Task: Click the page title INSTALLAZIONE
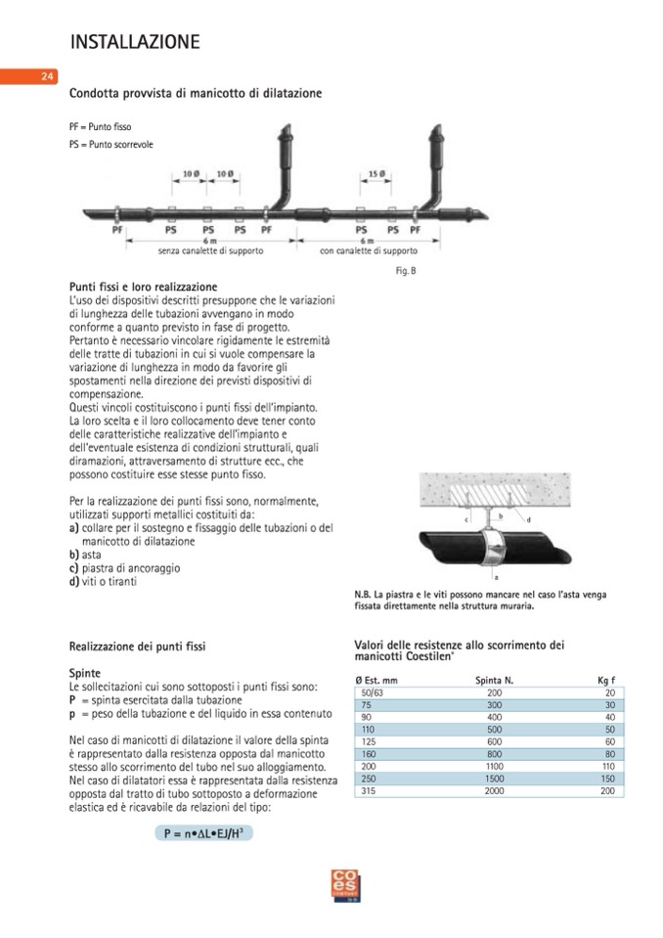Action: click(135, 42)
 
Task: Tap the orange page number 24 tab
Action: click(46, 76)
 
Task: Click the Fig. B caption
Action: click(407, 270)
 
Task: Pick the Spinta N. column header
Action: click(495, 679)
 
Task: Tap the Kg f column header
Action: click(606, 679)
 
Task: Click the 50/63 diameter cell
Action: click(374, 692)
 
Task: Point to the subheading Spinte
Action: click(86, 674)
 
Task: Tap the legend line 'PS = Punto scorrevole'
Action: click(110, 145)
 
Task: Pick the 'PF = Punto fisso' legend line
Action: click(100, 127)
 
